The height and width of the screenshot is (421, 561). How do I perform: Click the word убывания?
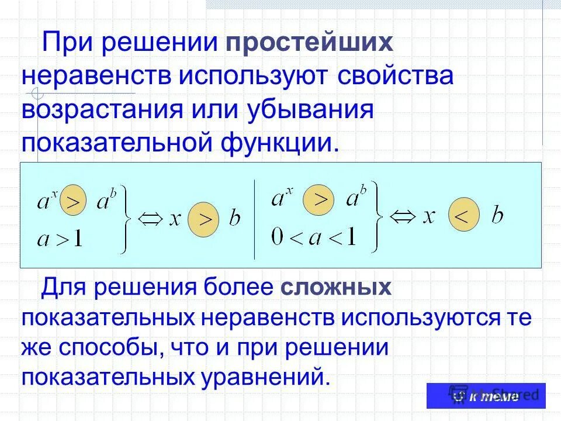click(311, 110)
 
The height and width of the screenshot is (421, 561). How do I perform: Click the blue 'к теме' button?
click(486, 396)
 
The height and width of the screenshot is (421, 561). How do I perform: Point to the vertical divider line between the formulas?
click(254, 219)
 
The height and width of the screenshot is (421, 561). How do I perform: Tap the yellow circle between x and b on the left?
click(204, 220)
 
